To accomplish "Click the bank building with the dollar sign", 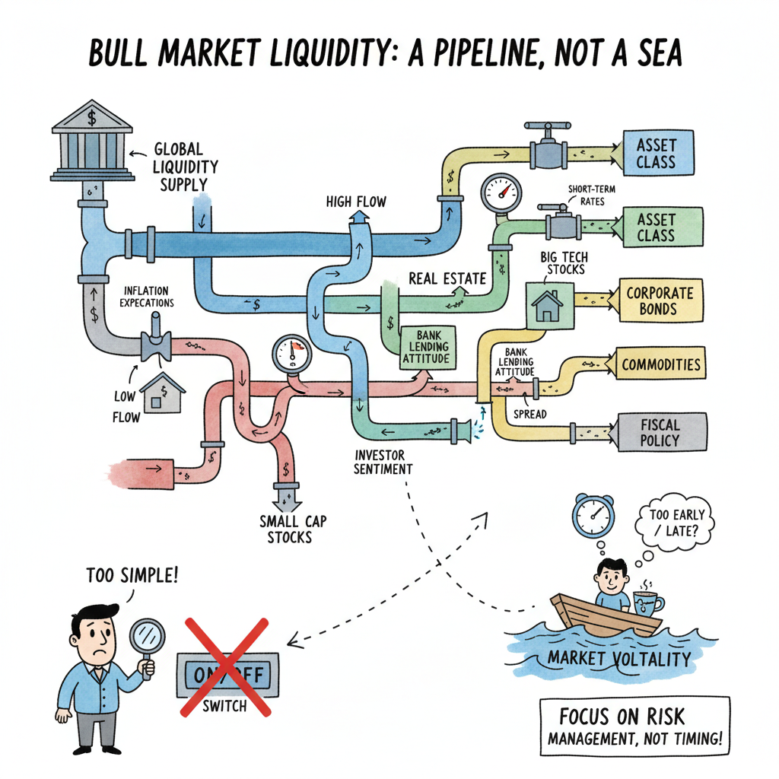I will pos(90,144).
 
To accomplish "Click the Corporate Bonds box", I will pos(659,300).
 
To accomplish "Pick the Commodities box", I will pos(660,364).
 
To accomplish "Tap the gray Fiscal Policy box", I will pos(659,431).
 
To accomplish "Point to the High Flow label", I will pos(356,202).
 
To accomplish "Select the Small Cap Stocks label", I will pos(289,529).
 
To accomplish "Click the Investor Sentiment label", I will pos(383,462).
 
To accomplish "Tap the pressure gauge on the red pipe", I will pos(291,355).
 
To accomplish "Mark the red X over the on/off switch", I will pos(224,667).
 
